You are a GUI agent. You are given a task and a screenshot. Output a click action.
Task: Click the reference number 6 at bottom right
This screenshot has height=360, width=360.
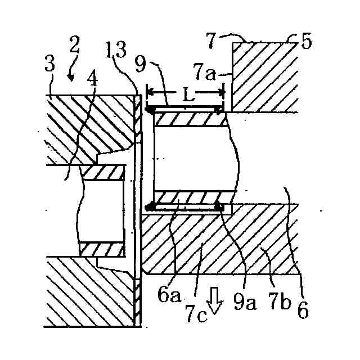coord(303,309)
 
